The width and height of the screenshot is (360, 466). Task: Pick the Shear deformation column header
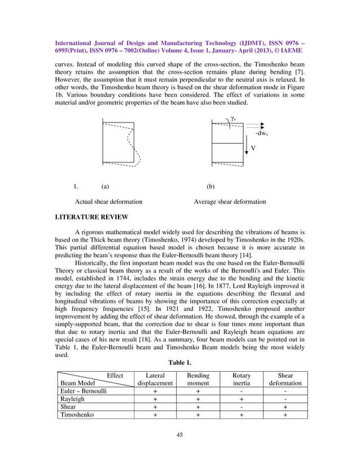tap(285, 379)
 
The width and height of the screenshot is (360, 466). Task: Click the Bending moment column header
tap(198, 379)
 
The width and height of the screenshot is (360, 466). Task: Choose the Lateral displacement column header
tap(155, 379)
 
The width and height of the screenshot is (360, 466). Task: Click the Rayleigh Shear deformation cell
tap(285, 398)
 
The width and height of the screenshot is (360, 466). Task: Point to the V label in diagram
tap(253, 148)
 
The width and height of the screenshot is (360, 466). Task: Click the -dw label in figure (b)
tap(260, 134)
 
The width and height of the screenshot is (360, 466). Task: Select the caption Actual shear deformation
tap(109, 201)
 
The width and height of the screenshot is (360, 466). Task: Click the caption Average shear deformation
tap(230, 201)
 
